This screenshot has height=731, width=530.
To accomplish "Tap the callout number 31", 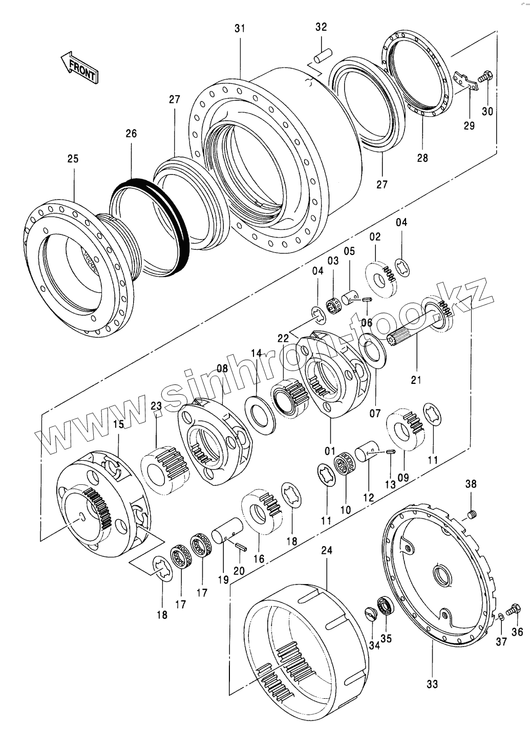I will [x=240, y=29].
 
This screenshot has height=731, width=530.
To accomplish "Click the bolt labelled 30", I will [x=485, y=78].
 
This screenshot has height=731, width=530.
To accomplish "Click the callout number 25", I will [x=73, y=159].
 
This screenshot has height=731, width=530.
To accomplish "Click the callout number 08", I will [x=222, y=368].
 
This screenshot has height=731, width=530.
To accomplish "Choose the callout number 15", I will [x=118, y=424].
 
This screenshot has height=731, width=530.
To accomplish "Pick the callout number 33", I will [x=432, y=683].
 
